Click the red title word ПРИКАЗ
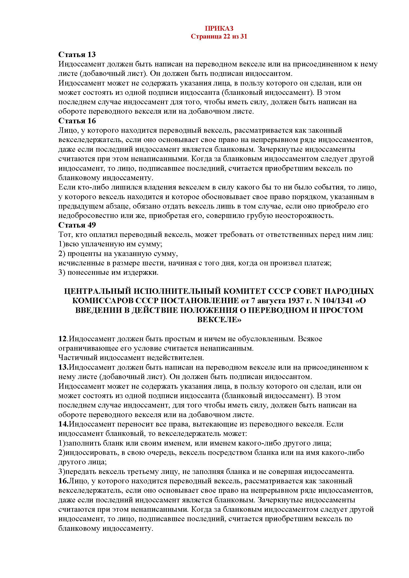pos(219,28)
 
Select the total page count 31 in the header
pos(244,37)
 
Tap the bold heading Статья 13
pos(77,54)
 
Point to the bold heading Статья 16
pos(77,121)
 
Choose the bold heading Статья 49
pos(77,225)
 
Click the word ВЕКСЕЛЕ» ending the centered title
pos(219,320)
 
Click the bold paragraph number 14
pos(63,424)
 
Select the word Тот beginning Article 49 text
pos(64,235)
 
